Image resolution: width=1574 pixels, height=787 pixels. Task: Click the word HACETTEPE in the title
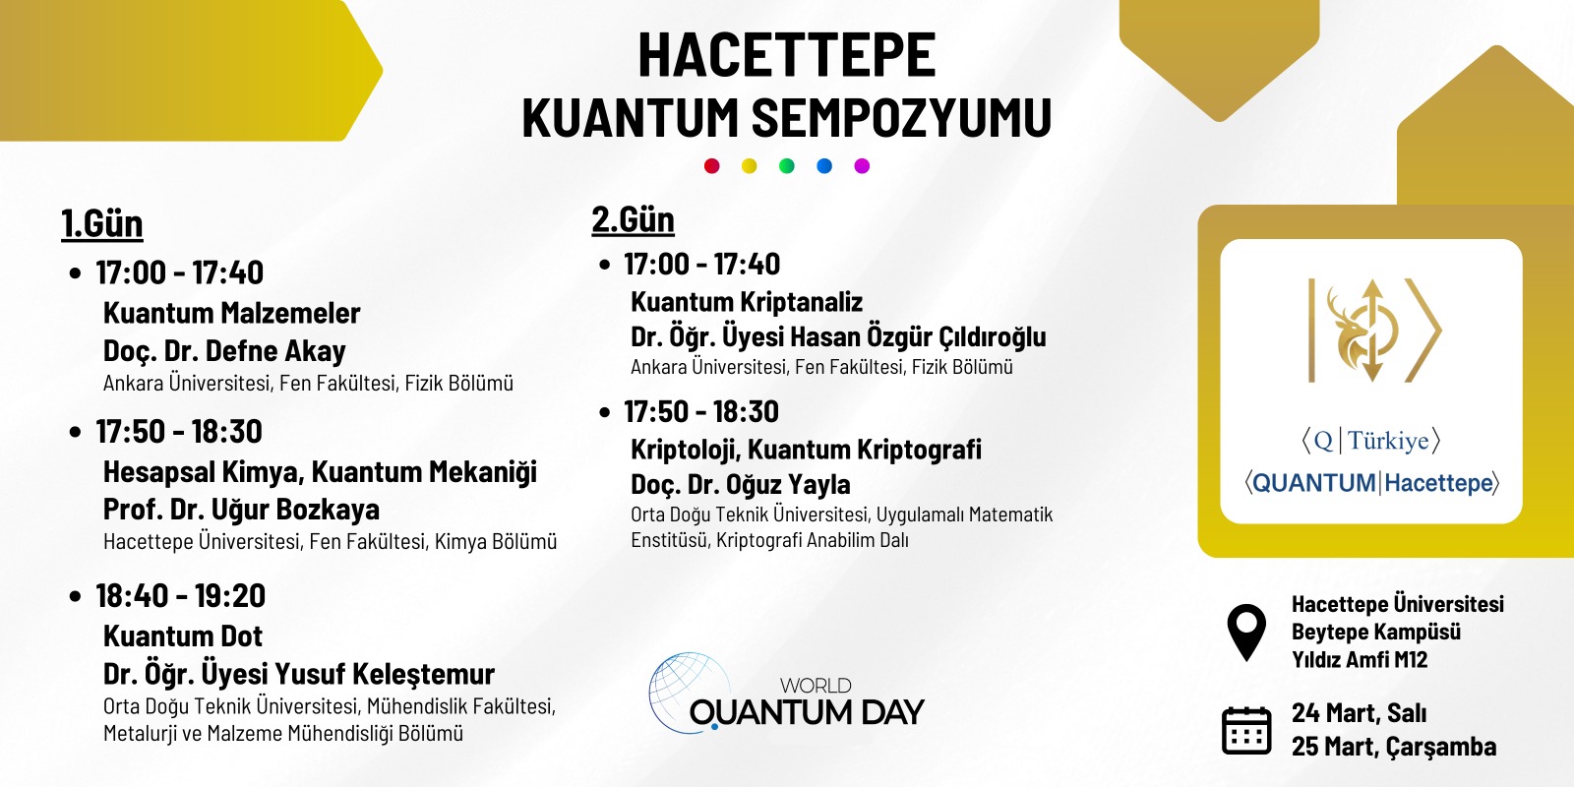tap(787, 55)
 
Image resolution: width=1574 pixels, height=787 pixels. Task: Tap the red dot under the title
tap(712, 166)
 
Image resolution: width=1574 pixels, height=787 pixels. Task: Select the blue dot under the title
tap(824, 166)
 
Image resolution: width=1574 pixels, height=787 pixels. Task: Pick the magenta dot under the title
tap(862, 166)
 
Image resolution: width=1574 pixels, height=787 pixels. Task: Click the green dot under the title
tap(787, 166)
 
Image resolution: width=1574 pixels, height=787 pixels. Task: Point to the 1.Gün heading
tap(102, 224)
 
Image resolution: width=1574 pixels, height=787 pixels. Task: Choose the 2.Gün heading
tap(634, 219)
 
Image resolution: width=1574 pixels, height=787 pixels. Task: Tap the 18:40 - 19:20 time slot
tap(181, 596)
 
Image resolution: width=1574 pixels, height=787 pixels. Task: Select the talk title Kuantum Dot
tap(183, 636)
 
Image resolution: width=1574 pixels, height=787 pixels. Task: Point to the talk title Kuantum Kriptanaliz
tap(747, 302)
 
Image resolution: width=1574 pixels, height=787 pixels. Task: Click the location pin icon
tap(1246, 631)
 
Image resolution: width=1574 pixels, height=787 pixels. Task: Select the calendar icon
tap(1246, 730)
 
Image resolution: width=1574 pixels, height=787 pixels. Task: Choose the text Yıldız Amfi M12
tap(1360, 660)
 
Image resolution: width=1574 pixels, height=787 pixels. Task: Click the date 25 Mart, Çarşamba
tap(1394, 747)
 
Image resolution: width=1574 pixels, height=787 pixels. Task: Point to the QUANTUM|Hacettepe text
tap(1372, 483)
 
